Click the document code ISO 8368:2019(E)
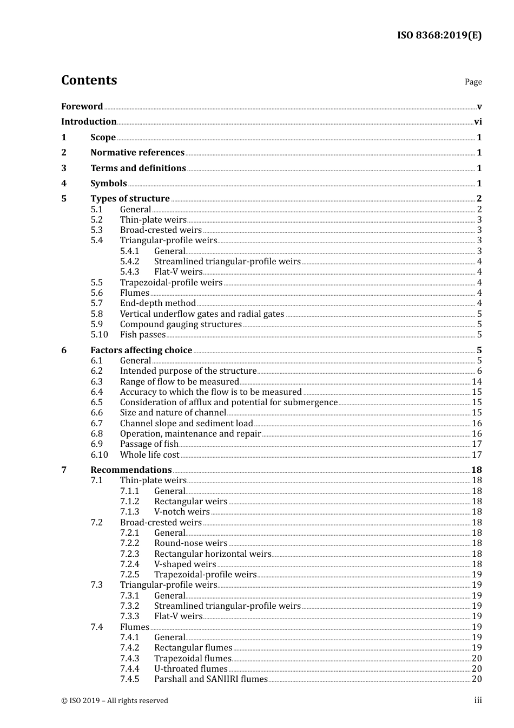439,35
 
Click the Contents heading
89,80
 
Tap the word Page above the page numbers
473,82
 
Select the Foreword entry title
82,106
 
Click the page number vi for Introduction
478,122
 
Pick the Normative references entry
137,153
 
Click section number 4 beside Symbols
64,184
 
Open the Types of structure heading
130,199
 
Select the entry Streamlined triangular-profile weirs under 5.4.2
227,262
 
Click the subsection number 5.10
99,335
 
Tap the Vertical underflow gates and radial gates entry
202,314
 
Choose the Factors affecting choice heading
141,350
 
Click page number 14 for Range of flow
477,382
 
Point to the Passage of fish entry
149,444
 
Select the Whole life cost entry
150,455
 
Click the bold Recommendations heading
131,470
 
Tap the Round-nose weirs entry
190,543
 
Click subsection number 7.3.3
129,616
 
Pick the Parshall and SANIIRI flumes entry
211,679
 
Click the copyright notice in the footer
115,701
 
